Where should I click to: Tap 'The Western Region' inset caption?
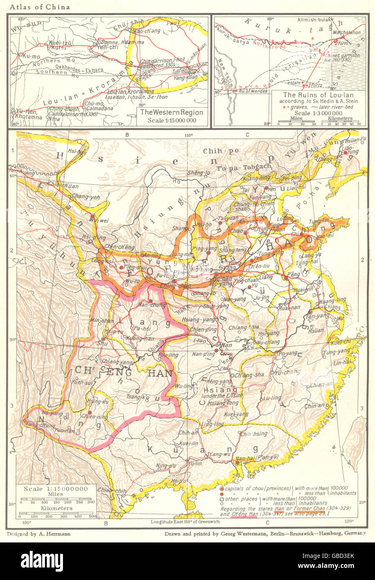click(171, 113)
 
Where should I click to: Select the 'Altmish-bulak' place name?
click(314, 20)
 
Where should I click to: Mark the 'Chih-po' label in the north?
click(215, 151)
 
